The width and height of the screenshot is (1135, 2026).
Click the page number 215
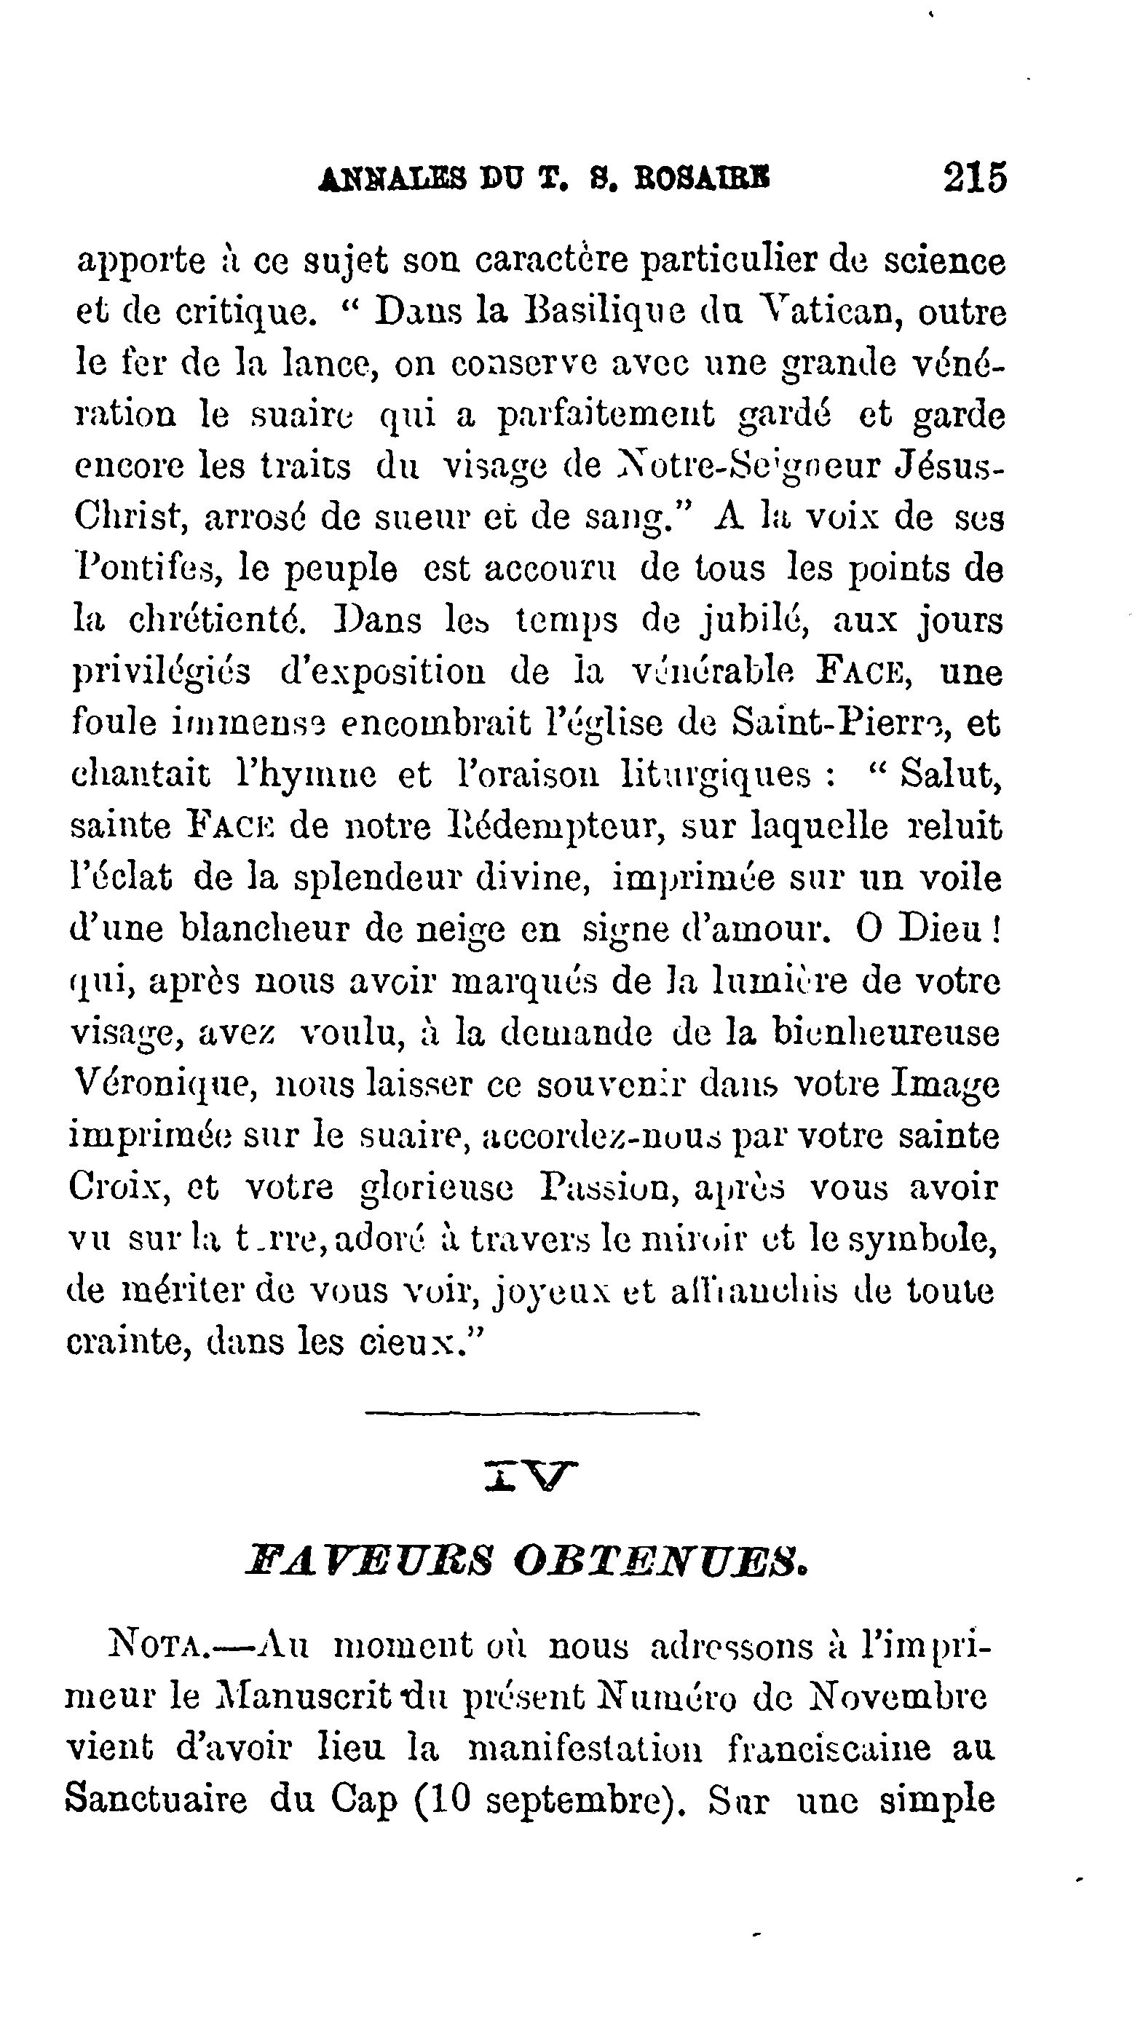pyautogui.click(x=975, y=178)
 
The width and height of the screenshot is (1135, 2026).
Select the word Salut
pyautogui.click(x=950, y=775)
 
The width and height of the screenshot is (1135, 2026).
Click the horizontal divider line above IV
pyautogui.click(x=532, y=1415)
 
